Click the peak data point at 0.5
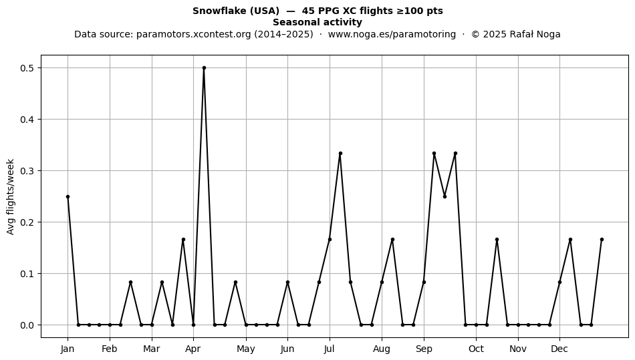pyautogui.click(x=204, y=68)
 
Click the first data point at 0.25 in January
pyautogui.click(x=68, y=196)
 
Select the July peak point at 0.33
pyautogui.click(x=340, y=154)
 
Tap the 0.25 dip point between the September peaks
pyautogui.click(x=444, y=196)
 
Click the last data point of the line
pyautogui.click(x=602, y=240)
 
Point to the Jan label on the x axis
pyautogui.click(x=68, y=349)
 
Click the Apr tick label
pyautogui.click(x=193, y=349)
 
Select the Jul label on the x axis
pyautogui.click(x=330, y=349)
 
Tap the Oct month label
pyautogui.click(x=476, y=349)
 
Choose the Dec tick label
pyautogui.click(x=559, y=349)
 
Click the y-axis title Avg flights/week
pyautogui.click(x=11, y=196)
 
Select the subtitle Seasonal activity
pyautogui.click(x=317, y=22)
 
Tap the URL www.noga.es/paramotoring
pyautogui.click(x=392, y=34)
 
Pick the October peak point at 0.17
pyautogui.click(x=497, y=240)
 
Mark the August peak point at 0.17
pyautogui.click(x=392, y=240)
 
